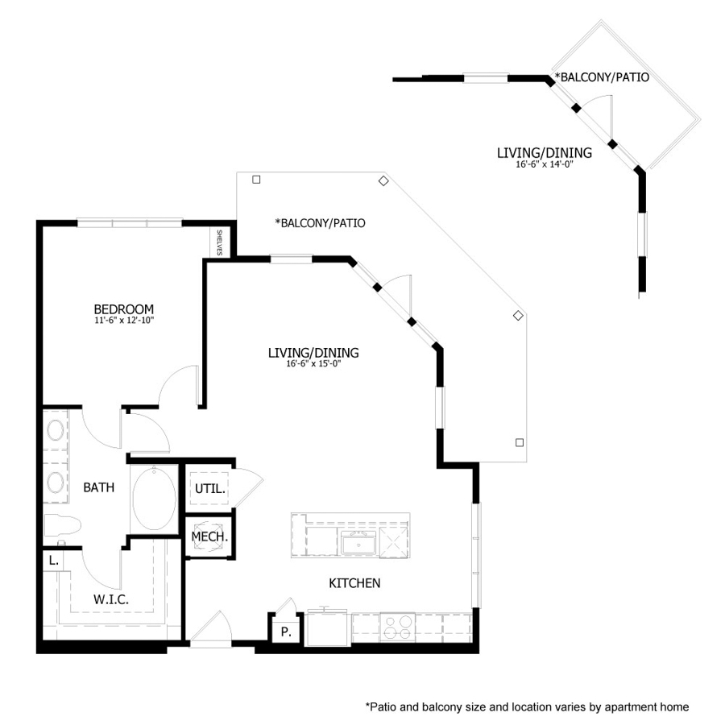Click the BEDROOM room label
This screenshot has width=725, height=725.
pyautogui.click(x=123, y=309)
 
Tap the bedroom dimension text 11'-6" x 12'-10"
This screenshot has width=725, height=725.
pyautogui.click(x=123, y=321)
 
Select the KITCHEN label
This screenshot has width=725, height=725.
pyautogui.click(x=354, y=582)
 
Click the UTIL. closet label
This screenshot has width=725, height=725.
pyautogui.click(x=209, y=488)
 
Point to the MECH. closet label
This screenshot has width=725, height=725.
pyautogui.click(x=209, y=536)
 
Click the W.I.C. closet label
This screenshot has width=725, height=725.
pyautogui.click(x=110, y=599)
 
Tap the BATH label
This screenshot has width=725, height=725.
pyautogui.click(x=98, y=487)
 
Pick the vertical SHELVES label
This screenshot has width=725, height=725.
pyautogui.click(x=219, y=243)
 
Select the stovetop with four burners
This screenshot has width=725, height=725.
pyautogui.click(x=396, y=627)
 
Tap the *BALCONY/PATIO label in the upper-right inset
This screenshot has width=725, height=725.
pyautogui.click(x=601, y=78)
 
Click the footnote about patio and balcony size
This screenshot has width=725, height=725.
pyautogui.click(x=527, y=706)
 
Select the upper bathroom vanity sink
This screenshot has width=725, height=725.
pyautogui.click(x=56, y=431)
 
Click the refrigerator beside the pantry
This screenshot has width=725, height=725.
pyautogui.click(x=326, y=628)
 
